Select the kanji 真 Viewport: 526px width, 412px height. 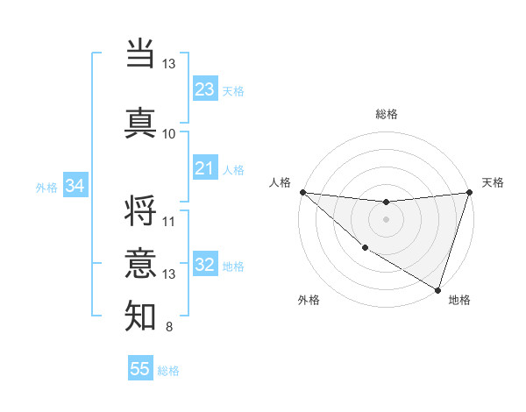140,122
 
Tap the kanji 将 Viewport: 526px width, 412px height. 140,211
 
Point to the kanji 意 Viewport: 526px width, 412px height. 140,263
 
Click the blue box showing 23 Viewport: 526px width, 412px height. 205,89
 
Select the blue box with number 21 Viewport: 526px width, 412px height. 205,168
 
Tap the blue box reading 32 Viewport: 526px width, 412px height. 205,266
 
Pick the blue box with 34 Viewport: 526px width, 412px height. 75,186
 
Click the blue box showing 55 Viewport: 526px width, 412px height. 140,369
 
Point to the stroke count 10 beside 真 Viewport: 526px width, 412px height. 169,133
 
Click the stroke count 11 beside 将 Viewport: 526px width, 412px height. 169,221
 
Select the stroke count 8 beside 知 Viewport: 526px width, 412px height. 169,328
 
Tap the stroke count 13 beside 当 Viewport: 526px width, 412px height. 169,63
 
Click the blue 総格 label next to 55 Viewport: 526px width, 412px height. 168,371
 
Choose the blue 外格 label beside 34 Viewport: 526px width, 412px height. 46,188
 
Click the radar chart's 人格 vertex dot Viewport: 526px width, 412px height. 302,192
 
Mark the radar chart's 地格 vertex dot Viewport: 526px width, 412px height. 437,289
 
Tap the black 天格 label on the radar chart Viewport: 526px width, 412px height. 493,182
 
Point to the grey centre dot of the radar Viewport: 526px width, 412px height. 386,219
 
